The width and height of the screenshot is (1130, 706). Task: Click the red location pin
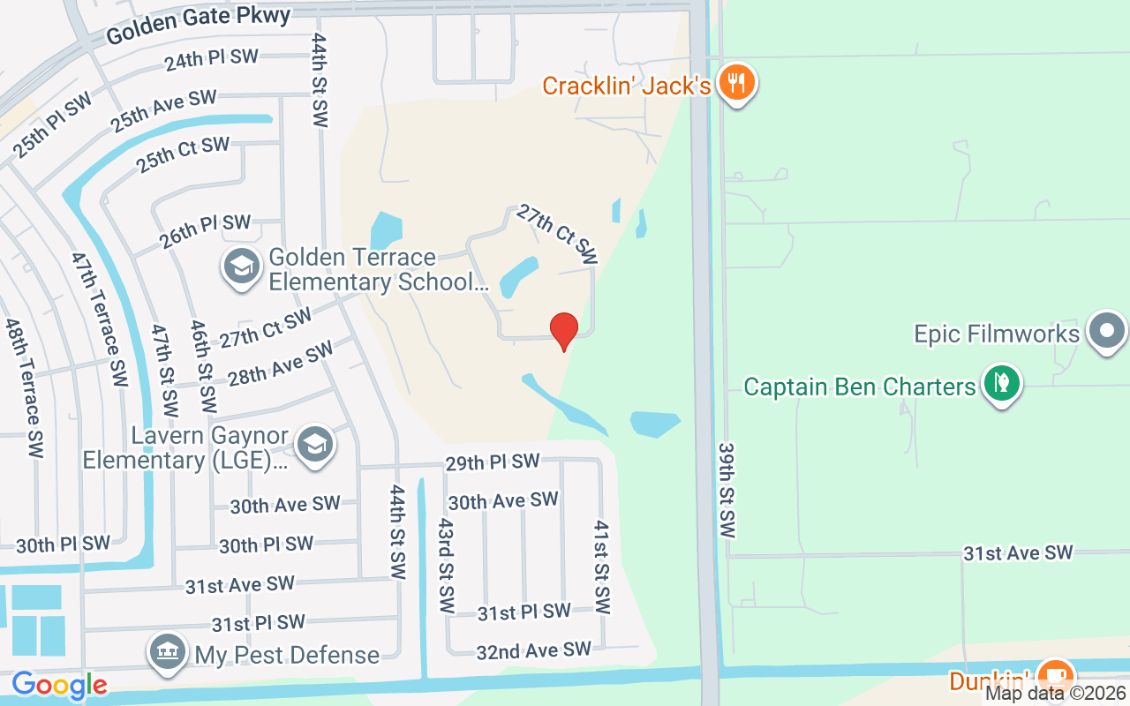(x=564, y=331)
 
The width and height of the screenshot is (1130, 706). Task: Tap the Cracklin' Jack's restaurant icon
(x=735, y=84)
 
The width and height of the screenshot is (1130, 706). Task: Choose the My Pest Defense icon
(x=168, y=653)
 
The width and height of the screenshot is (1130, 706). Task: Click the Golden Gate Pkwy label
(x=198, y=26)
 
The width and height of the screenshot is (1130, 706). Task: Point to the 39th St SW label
(x=727, y=491)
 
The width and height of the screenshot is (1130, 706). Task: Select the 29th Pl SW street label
(x=492, y=462)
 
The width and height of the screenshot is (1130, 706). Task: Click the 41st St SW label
(x=601, y=567)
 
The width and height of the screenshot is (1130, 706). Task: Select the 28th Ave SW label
(x=280, y=364)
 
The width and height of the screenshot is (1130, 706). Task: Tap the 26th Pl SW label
(x=205, y=229)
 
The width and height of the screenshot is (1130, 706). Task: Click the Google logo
(x=59, y=685)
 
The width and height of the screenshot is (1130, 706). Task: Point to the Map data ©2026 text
(x=1054, y=693)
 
